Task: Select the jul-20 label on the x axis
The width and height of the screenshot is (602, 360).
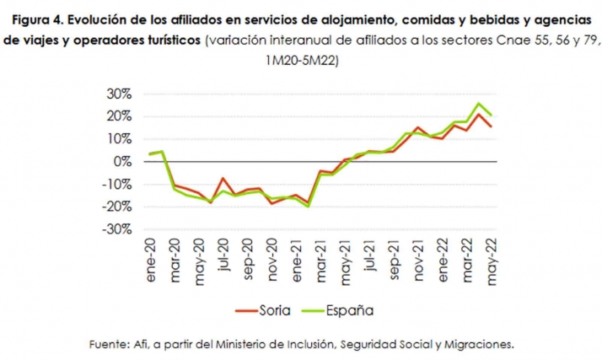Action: pyautogui.click(x=223, y=264)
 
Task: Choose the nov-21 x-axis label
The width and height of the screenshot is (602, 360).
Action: pyautogui.click(x=417, y=268)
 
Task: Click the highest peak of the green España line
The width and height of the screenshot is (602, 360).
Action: pyautogui.click(x=479, y=105)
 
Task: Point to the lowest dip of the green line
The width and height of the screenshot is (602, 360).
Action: pyautogui.click(x=309, y=206)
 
